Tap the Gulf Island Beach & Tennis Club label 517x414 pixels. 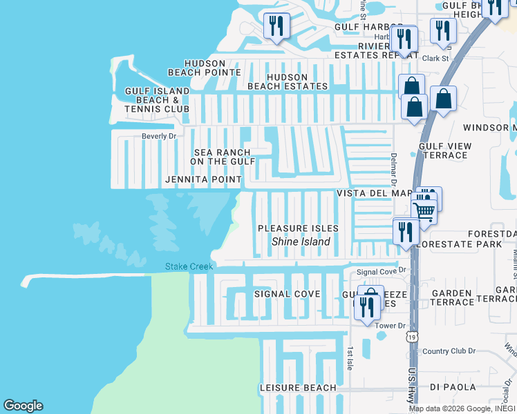(157, 100)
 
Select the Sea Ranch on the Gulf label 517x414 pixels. (223, 157)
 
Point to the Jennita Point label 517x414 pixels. (203, 179)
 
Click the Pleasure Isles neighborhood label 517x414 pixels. (298, 228)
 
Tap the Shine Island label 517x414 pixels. (301, 241)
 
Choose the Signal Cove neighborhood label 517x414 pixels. (287, 294)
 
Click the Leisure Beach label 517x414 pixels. (298, 388)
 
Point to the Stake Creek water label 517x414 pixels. (189, 266)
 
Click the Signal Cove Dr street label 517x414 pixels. (381, 272)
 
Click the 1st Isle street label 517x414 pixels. (350, 357)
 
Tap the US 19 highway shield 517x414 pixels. (413, 336)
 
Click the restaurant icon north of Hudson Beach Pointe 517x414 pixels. (276, 27)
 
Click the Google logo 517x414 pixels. (23, 406)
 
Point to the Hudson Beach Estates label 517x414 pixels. (288, 81)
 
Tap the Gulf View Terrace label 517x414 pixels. (444, 150)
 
